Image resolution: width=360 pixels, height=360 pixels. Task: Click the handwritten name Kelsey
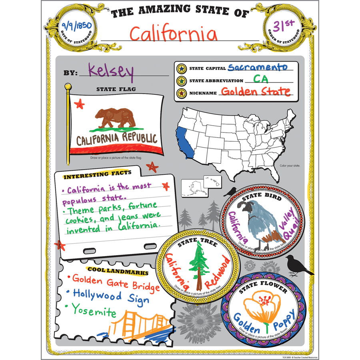pyautogui.click(x=110, y=71)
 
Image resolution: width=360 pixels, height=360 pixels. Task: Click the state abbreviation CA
pyautogui.click(x=260, y=79)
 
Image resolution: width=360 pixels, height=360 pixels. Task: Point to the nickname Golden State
pyautogui.click(x=256, y=92)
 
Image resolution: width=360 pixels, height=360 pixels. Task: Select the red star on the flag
pyautogui.click(x=79, y=104)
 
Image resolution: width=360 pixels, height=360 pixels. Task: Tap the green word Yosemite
pyautogui.click(x=94, y=310)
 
